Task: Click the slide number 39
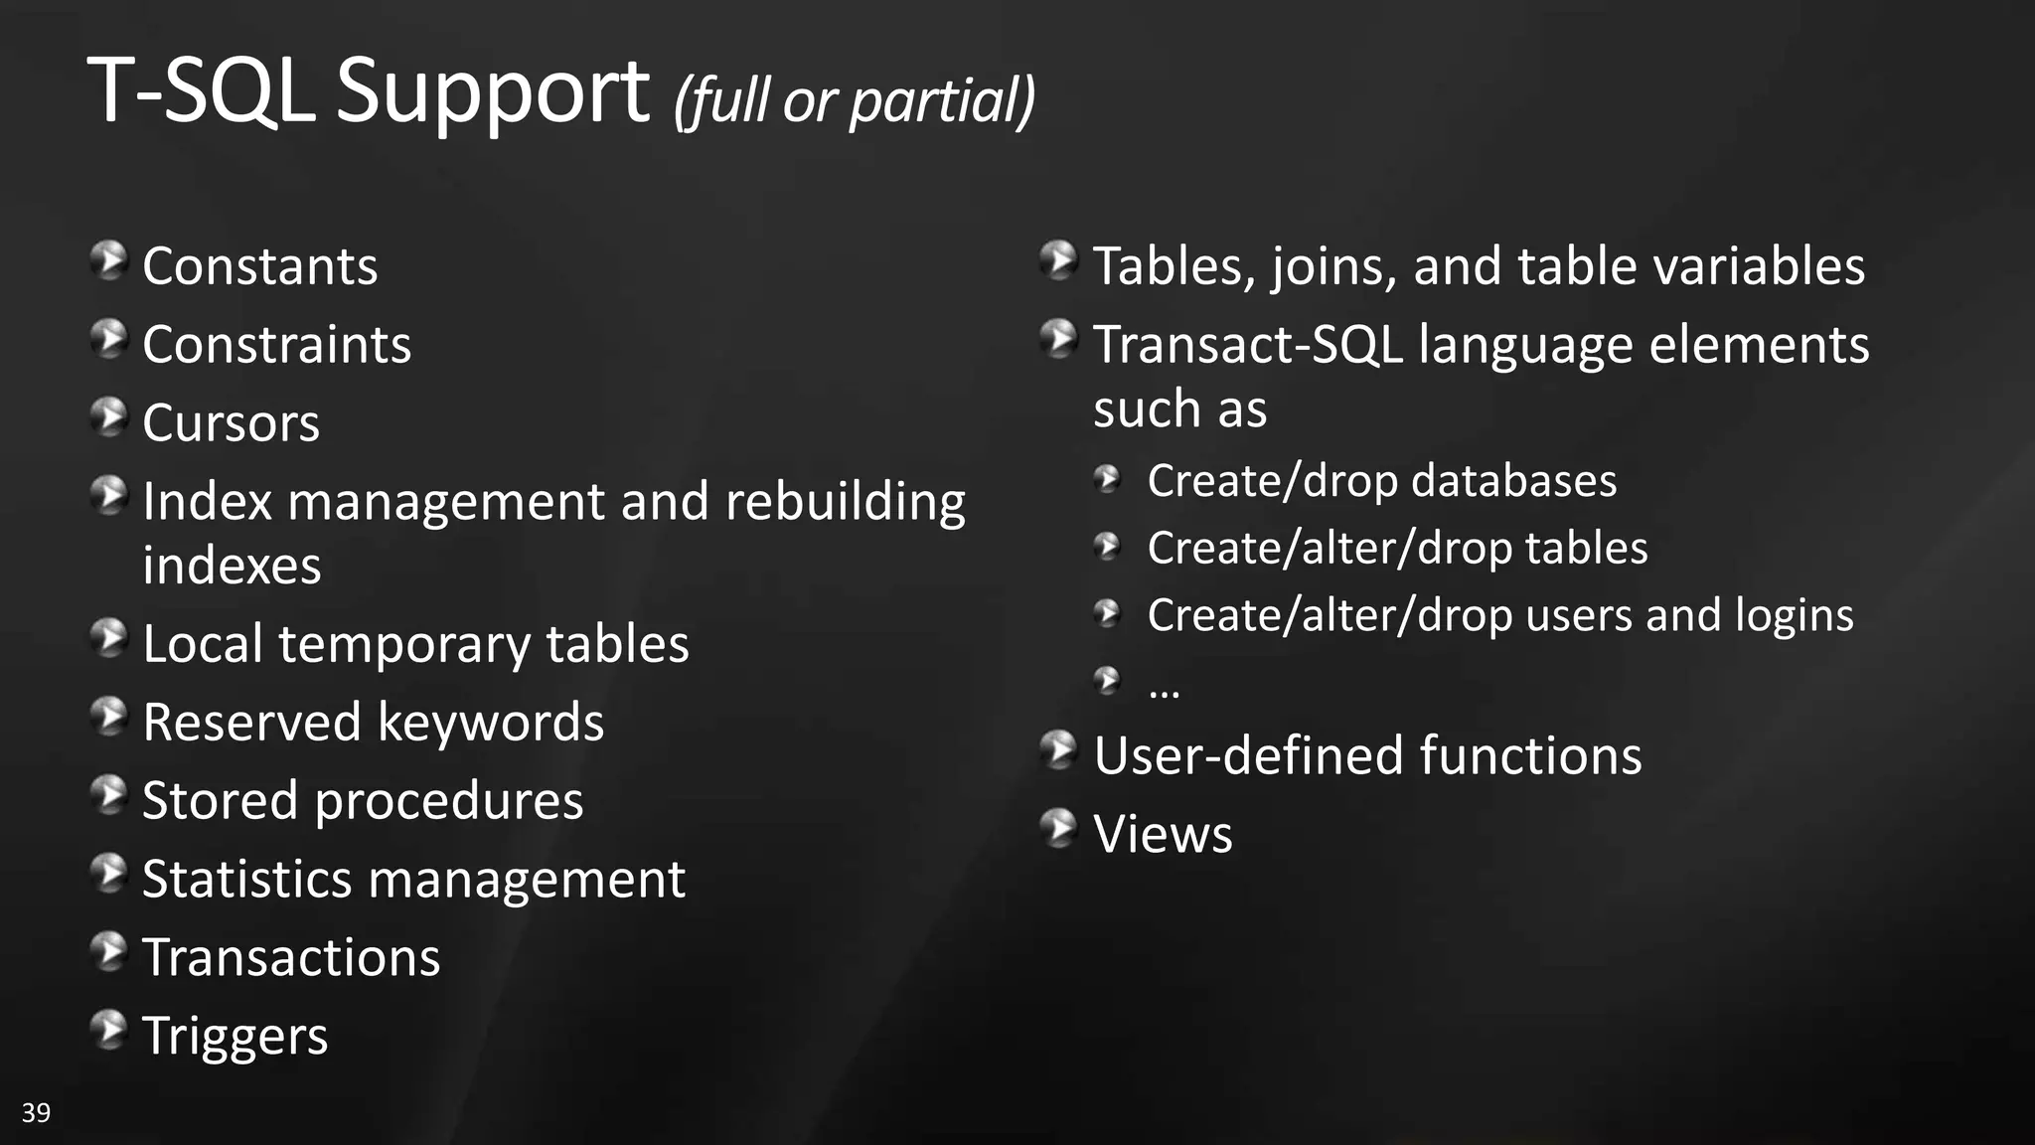pos(36,1112)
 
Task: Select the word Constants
pos(260,266)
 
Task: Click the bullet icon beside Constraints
pos(108,340)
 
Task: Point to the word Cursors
pos(232,423)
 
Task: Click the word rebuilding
pos(845,502)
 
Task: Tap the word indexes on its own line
pos(232,567)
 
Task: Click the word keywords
pos(491,723)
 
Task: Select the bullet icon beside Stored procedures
pos(108,796)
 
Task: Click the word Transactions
pos(291,958)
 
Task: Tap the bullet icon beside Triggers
pos(108,1031)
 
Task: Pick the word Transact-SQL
pos(1248,345)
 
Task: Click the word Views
pos(1163,834)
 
